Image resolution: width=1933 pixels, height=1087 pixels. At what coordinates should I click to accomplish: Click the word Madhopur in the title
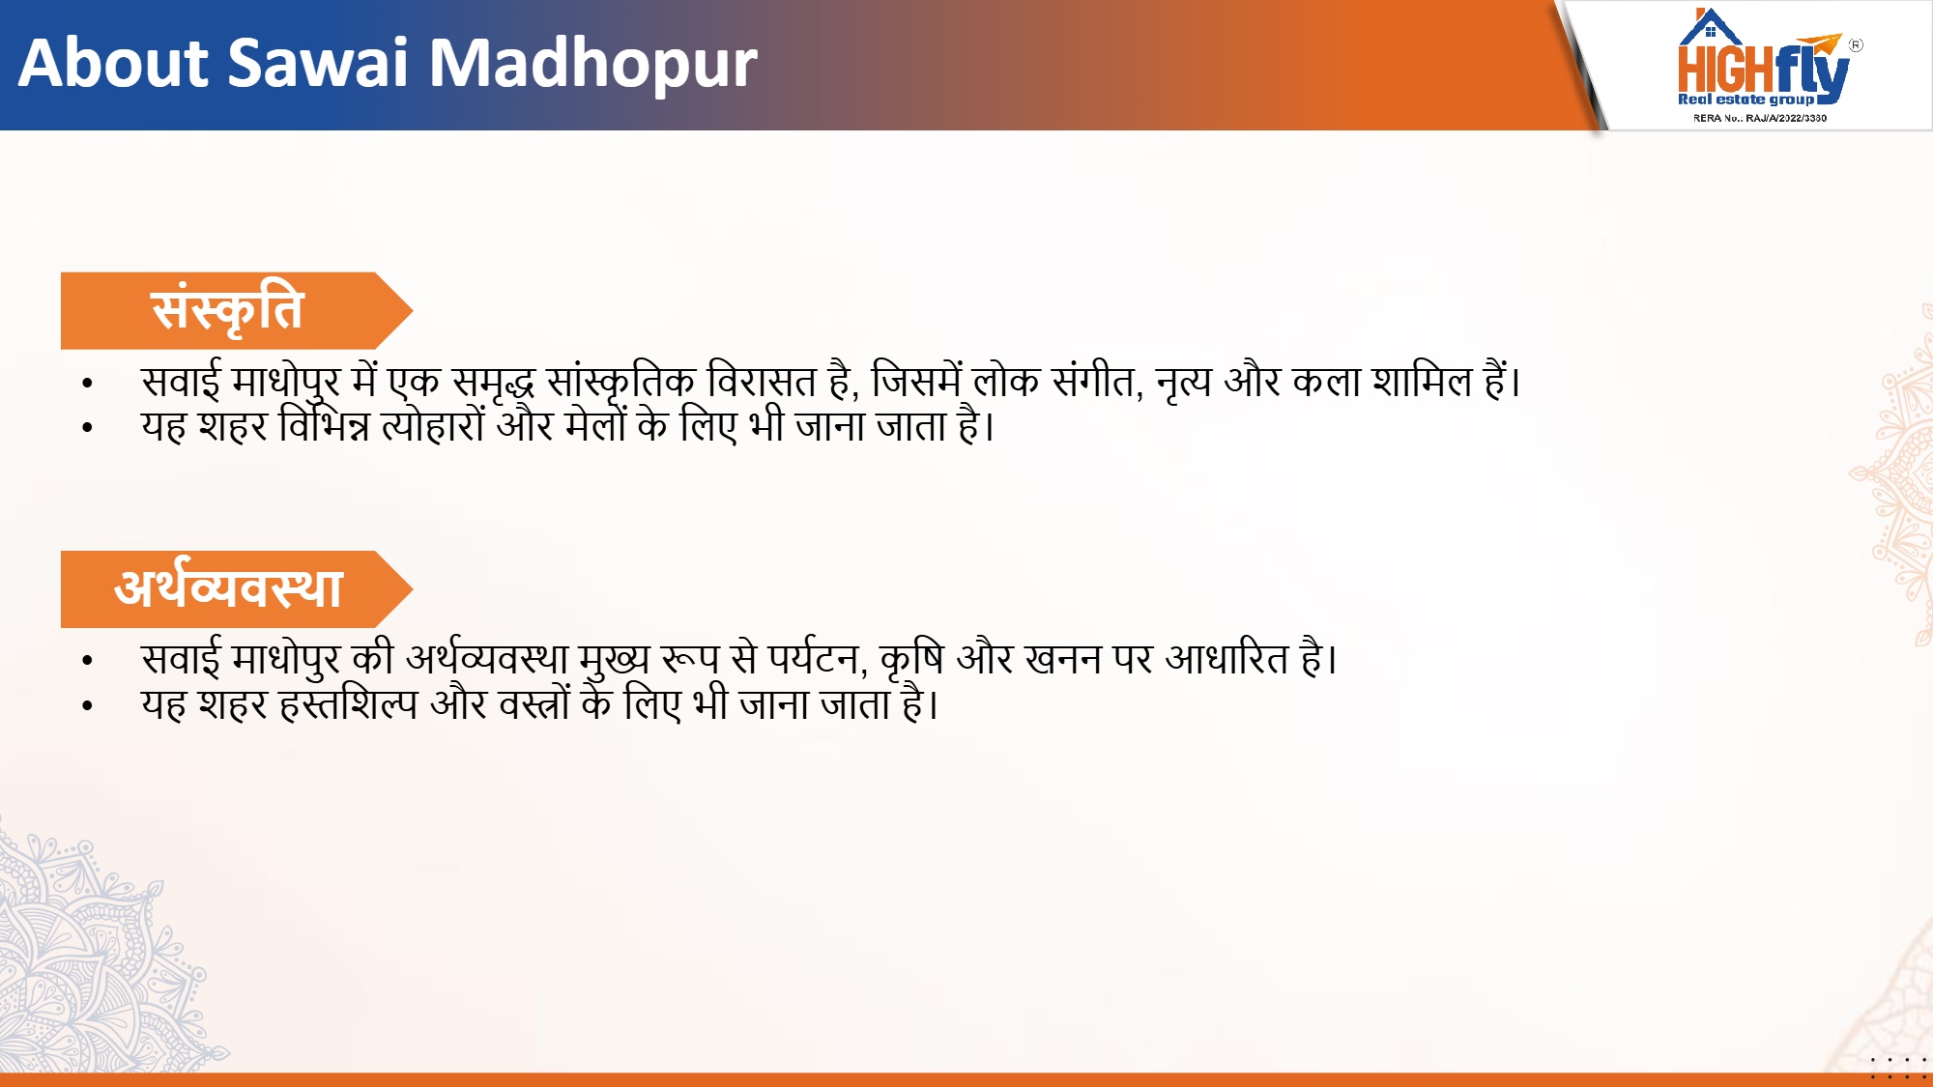(592, 64)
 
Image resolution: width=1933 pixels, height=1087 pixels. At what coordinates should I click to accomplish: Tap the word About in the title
(113, 64)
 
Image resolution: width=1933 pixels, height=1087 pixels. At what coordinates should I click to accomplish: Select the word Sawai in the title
(319, 64)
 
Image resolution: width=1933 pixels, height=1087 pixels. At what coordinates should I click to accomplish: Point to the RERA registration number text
(1760, 118)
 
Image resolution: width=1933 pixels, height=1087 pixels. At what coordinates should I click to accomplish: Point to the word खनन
(1063, 659)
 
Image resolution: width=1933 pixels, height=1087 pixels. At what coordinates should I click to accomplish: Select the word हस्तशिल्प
(348, 704)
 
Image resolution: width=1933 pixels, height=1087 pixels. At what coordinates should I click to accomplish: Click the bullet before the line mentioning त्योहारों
(88, 427)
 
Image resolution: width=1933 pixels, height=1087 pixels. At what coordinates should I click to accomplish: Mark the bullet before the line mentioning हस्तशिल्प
(88, 705)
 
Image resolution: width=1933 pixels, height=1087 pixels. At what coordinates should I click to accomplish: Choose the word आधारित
(1226, 659)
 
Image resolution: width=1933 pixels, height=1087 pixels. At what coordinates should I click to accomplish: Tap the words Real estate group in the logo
(1745, 100)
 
